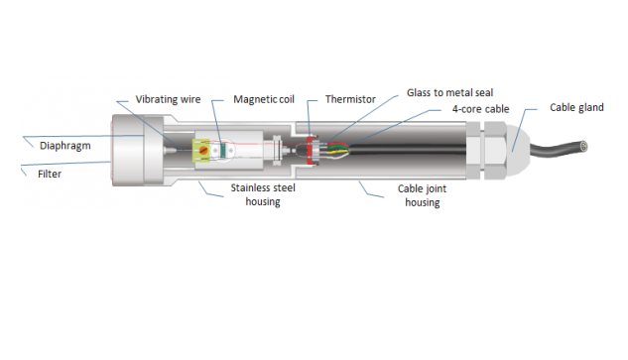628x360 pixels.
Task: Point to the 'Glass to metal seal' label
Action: [x=451, y=92]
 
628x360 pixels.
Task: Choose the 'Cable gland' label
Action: [x=576, y=107]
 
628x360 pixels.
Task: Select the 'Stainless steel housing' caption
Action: [x=257, y=193]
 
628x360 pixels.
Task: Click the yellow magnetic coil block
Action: [x=211, y=149]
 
